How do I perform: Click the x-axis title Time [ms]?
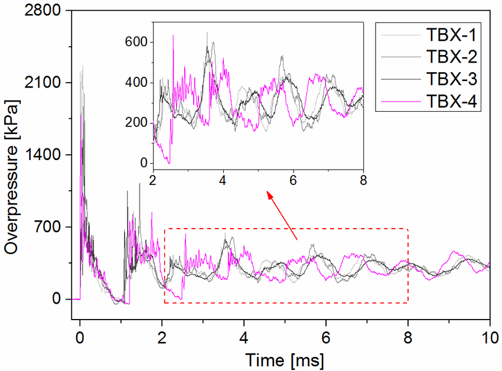tap(284, 359)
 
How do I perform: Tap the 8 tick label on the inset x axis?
tap(363, 180)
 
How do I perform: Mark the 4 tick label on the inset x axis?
tap(223, 180)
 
